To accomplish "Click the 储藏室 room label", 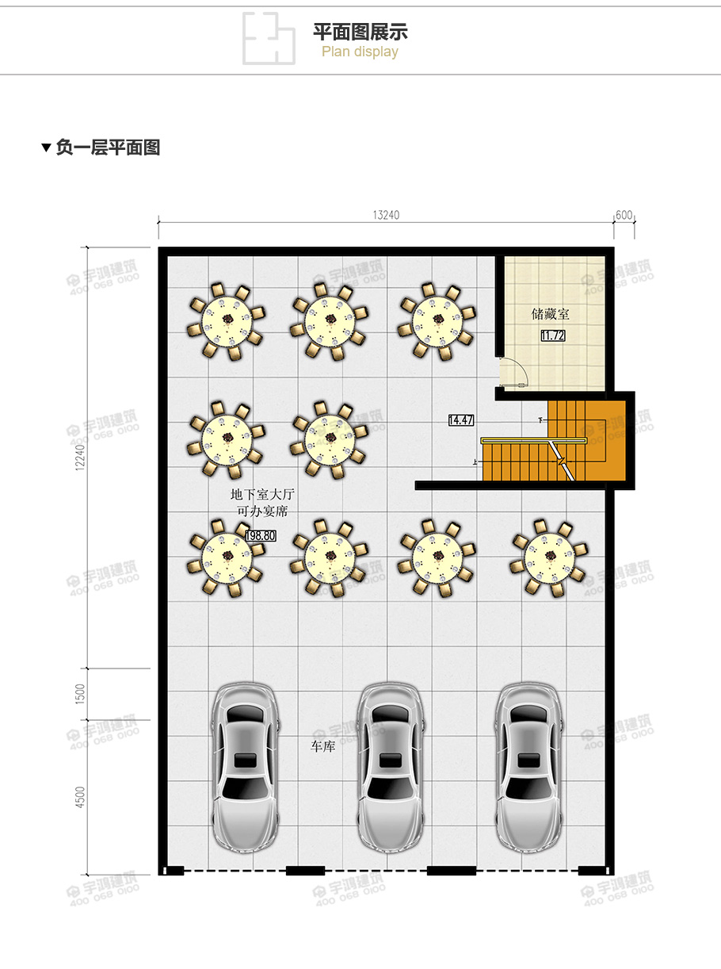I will tap(550, 315).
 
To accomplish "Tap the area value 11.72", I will tap(552, 336).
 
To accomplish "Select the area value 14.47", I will tap(460, 420).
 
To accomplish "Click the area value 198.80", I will tap(260, 536).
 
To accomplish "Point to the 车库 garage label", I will tap(322, 747).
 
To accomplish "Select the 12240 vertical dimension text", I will tap(78, 457).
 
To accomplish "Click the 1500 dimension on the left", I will tap(79, 694).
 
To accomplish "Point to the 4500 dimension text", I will tap(79, 797).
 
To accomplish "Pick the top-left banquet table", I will tap(227, 320).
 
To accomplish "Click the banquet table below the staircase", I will tap(549, 557).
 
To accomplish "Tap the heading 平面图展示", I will tap(360, 33).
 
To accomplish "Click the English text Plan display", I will tap(360, 52).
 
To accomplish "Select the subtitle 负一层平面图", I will tap(108, 147).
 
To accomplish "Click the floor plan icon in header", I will tap(268, 38).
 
